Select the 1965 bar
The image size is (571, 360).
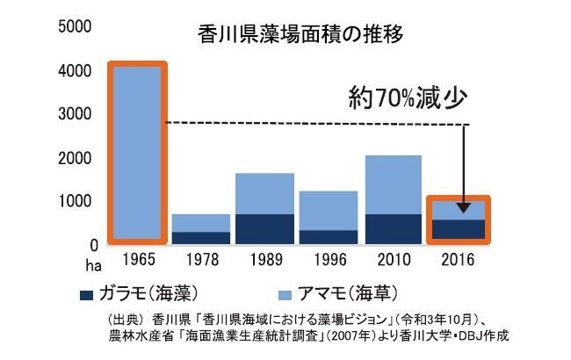[x=136, y=153]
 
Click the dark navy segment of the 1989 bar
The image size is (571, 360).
[x=265, y=228]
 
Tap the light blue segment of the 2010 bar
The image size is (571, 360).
[x=393, y=184]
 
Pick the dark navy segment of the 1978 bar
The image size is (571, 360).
[x=200, y=237]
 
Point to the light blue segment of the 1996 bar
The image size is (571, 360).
[x=329, y=210]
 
